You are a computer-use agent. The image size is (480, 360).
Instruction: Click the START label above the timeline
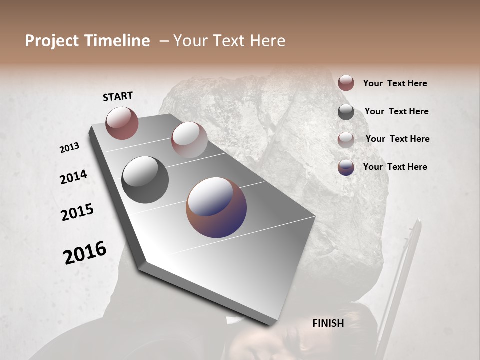coord(118,96)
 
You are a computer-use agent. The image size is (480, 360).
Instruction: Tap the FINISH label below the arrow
coord(328,323)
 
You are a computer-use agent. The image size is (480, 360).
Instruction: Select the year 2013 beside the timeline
coord(69,148)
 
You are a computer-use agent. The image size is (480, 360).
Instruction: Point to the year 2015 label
coord(77,212)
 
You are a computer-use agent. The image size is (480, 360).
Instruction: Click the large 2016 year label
coord(85,253)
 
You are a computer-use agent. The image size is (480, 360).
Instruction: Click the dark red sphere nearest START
coord(122,123)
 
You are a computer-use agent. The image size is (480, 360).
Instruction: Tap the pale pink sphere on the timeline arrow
coord(189,140)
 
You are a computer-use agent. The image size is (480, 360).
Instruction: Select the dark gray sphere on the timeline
coord(145,180)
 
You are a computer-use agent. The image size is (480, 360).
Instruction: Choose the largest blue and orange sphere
coord(216,207)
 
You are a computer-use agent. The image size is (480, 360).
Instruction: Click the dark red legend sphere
coord(346,83)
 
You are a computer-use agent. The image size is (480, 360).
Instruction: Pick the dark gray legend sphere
coord(346,112)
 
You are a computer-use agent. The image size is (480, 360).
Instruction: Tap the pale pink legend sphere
coord(346,140)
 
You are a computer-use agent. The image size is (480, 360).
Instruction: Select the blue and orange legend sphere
coord(346,167)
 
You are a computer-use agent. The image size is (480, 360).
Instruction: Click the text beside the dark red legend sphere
coord(395,83)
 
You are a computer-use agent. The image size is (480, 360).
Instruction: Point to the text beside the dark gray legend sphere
coord(396,111)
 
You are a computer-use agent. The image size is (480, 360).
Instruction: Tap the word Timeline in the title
coord(118,41)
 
